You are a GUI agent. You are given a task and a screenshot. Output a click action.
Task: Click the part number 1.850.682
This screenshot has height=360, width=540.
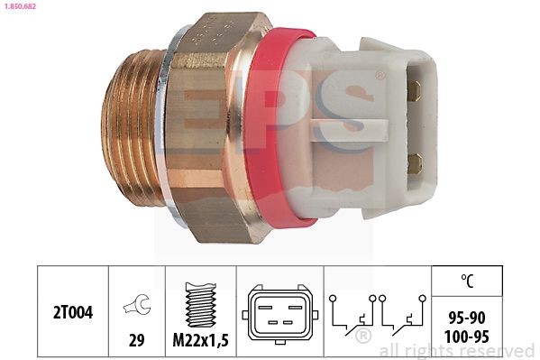[x=20, y=8]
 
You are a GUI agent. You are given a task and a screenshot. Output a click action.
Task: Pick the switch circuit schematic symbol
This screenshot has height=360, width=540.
[x=377, y=317]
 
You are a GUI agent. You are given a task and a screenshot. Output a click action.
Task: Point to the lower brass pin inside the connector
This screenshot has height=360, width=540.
[x=415, y=162]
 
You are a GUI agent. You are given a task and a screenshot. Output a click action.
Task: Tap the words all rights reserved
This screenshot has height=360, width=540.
[x=457, y=351]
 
